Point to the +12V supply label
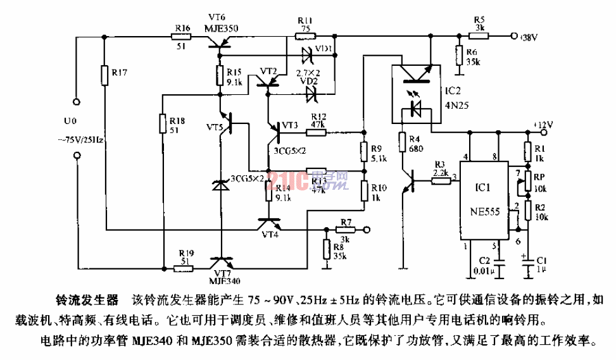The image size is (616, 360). (x=543, y=124)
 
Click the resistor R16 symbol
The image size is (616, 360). (x=182, y=37)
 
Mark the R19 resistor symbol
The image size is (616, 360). (x=183, y=268)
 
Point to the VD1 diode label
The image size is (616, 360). (x=324, y=48)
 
